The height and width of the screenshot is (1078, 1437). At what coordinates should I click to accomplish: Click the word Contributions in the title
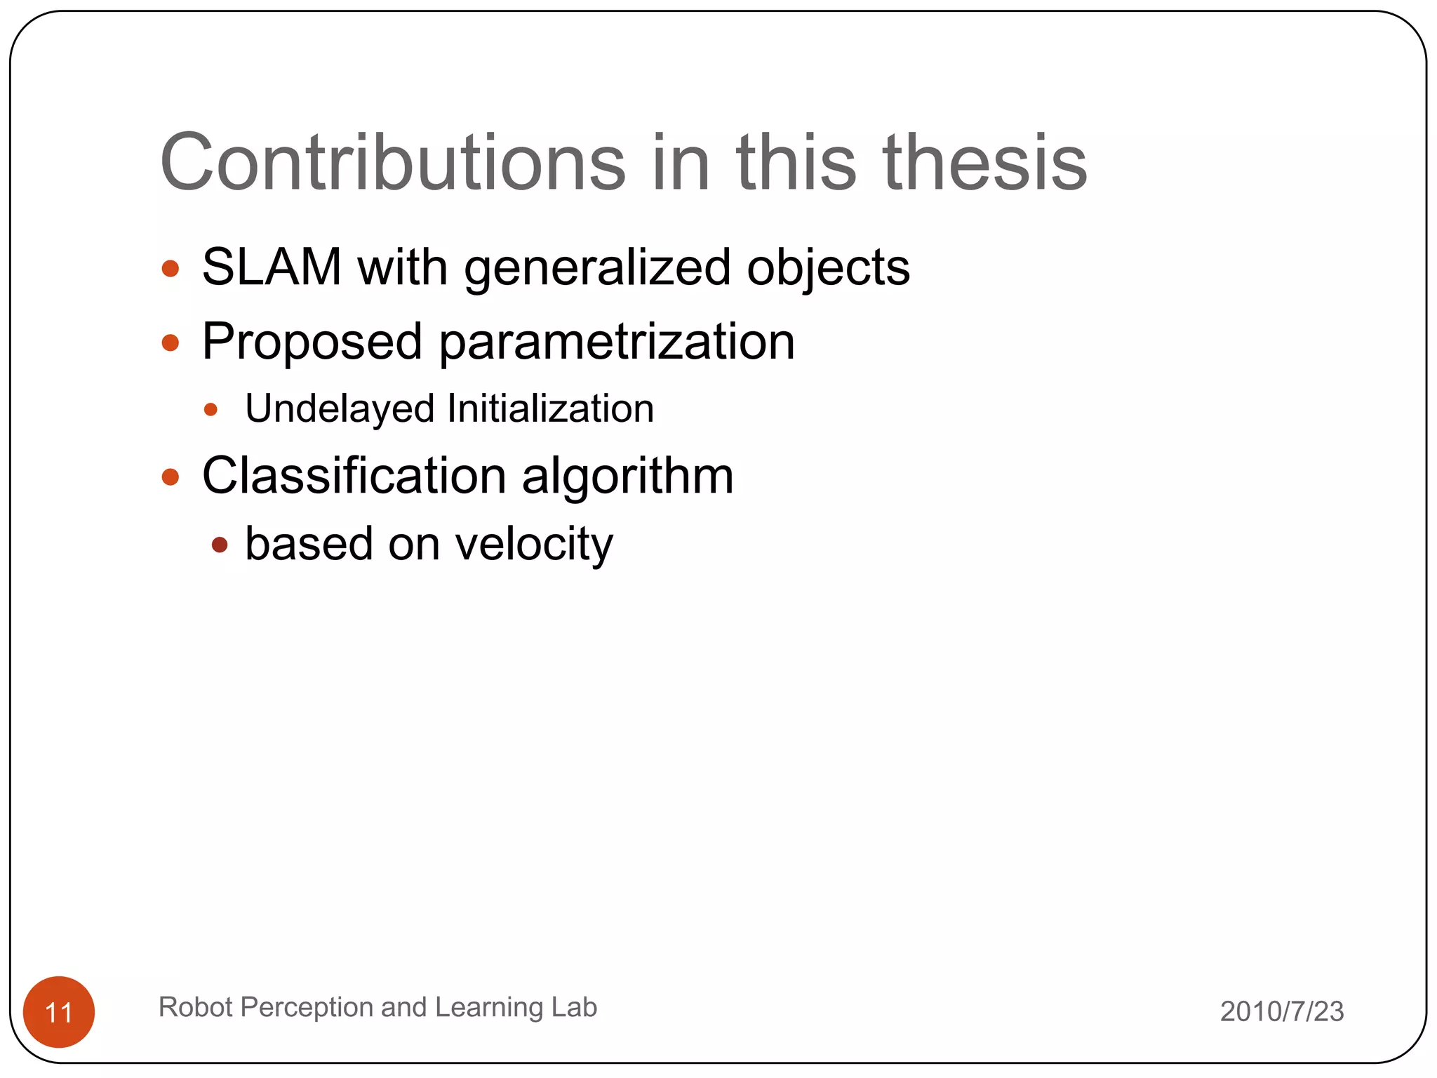(x=392, y=163)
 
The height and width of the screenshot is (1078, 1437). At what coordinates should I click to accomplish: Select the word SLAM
(x=272, y=267)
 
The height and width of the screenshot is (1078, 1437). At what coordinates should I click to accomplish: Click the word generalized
(x=597, y=269)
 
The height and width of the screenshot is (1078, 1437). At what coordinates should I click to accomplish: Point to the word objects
(x=828, y=269)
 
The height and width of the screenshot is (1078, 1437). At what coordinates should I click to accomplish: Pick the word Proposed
(x=312, y=342)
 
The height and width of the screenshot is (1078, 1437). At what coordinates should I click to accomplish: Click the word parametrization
(x=617, y=342)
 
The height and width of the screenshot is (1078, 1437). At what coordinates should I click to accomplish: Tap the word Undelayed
(x=340, y=408)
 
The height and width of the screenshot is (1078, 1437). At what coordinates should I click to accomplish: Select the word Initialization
(x=551, y=408)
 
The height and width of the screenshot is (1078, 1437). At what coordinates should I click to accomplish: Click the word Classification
(x=354, y=476)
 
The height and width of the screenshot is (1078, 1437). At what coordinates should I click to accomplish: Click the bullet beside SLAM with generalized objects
(x=171, y=269)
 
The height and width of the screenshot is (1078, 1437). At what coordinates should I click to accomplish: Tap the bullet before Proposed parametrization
(x=171, y=342)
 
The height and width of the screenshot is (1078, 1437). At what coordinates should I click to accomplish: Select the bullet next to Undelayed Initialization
(x=210, y=409)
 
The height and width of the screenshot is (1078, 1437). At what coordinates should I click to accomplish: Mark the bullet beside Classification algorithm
(x=171, y=477)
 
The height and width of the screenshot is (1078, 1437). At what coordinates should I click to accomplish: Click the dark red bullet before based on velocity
(x=220, y=545)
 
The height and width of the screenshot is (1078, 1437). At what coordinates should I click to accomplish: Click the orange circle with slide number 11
(x=59, y=1012)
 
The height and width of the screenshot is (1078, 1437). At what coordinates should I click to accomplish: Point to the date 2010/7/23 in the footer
(x=1282, y=1011)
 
